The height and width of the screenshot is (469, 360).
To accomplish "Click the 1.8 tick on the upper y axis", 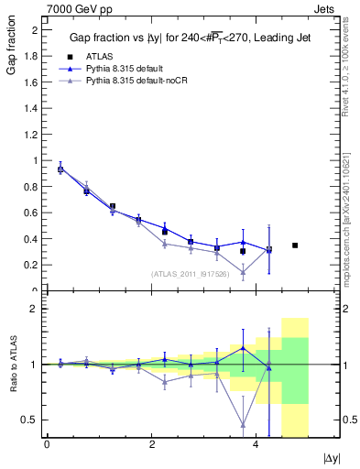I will pyautogui.click(x=31, y=56).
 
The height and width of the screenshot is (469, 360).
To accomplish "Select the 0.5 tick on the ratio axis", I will pyautogui.click(x=31, y=420).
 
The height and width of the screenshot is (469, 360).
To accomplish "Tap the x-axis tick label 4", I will pyautogui.click(x=256, y=445).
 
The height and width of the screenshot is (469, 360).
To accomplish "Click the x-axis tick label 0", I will pyautogui.click(x=47, y=445).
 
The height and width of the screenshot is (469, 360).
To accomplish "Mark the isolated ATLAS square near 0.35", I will pyautogui.click(x=295, y=245).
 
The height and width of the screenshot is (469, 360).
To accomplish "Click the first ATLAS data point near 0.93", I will pyautogui.click(x=60, y=169).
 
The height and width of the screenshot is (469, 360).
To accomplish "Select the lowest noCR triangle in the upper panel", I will pyautogui.click(x=243, y=272).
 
